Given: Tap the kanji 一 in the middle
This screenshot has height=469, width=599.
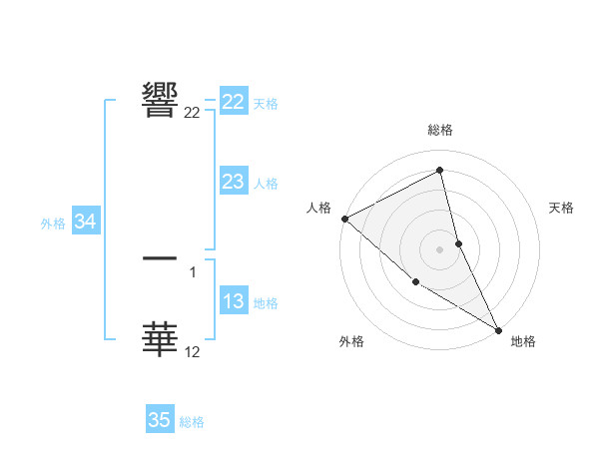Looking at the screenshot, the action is point(161,257).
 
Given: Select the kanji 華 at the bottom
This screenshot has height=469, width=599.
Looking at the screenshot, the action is point(161,339).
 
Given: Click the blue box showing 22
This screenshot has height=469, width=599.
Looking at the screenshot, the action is point(234,103).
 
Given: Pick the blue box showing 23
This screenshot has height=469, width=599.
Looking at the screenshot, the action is point(234,182).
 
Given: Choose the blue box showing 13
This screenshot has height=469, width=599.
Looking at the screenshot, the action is point(234,301).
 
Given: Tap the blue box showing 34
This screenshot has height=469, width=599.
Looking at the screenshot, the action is point(86,223).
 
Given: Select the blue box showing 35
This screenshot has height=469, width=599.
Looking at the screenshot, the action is point(160,420).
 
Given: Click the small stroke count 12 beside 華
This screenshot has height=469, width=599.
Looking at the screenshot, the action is point(193,352).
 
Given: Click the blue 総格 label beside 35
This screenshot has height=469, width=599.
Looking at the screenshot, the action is point(192,422).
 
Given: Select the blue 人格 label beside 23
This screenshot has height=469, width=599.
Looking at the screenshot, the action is point(266,184).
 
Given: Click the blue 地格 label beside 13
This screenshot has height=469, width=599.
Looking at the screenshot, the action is point(266,303).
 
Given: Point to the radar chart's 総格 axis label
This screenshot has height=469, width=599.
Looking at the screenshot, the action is point(440,131).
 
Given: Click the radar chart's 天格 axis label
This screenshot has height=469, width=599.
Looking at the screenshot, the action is point(562,208).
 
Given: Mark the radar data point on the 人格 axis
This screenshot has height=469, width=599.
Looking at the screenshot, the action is point(344,219).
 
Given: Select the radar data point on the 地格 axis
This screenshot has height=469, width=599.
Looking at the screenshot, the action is point(498,328).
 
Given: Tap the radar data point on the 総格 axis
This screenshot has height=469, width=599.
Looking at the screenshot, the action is point(440,170).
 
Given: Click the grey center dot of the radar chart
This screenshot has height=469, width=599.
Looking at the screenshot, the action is point(440,249).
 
